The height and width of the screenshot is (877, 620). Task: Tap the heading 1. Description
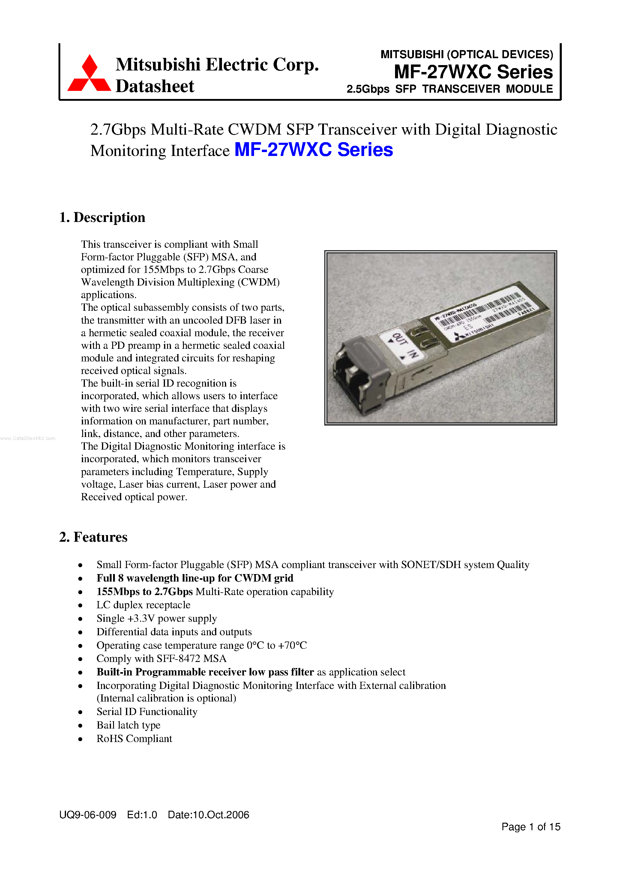click(x=102, y=217)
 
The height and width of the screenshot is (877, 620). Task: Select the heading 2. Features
click(x=93, y=537)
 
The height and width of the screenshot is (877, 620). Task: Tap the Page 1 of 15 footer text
click(x=531, y=827)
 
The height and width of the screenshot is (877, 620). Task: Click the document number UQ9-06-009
click(x=88, y=815)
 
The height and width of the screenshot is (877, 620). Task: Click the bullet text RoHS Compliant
click(x=134, y=739)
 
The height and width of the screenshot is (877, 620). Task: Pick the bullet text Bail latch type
click(x=128, y=725)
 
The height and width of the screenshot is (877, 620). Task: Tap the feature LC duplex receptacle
click(x=143, y=605)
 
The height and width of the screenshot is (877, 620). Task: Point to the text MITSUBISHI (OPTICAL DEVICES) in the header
click(x=466, y=55)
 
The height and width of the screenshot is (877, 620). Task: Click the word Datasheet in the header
click(x=155, y=86)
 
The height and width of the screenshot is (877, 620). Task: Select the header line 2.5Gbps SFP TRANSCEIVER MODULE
click(x=449, y=89)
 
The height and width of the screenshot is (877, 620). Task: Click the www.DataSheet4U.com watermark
click(x=28, y=438)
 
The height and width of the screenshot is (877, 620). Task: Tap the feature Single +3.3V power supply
click(x=157, y=618)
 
